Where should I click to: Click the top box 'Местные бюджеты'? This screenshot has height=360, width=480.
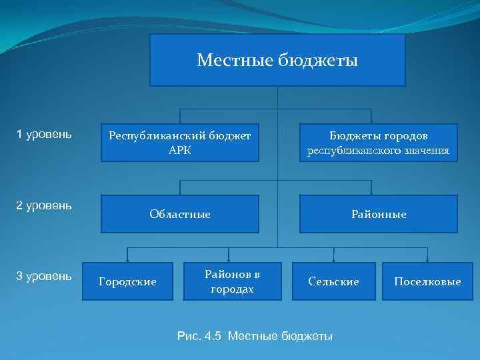tap(277, 61)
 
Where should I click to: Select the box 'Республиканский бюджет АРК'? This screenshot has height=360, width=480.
tap(179, 143)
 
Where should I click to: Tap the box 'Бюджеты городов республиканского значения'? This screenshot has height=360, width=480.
tap(378, 143)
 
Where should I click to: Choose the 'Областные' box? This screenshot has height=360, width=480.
tap(179, 214)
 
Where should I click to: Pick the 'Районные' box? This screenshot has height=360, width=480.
tap(378, 214)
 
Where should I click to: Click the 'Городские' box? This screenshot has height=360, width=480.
tap(127, 281)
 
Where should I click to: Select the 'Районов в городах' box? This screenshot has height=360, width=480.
tap(232, 281)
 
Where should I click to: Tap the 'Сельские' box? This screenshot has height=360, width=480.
tap(333, 281)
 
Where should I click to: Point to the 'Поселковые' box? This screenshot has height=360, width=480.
tap(427, 281)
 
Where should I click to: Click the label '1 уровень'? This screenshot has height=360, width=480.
tap(44, 135)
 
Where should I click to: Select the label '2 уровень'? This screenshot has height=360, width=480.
tap(44, 205)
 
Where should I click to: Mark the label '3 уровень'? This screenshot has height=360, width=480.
tap(44, 275)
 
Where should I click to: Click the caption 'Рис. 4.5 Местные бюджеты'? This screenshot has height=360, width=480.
tap(255, 335)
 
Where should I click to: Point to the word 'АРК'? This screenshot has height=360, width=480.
tap(180, 150)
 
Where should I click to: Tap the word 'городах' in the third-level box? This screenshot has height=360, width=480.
tap(232, 289)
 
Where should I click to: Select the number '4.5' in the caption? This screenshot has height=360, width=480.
tap(213, 335)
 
